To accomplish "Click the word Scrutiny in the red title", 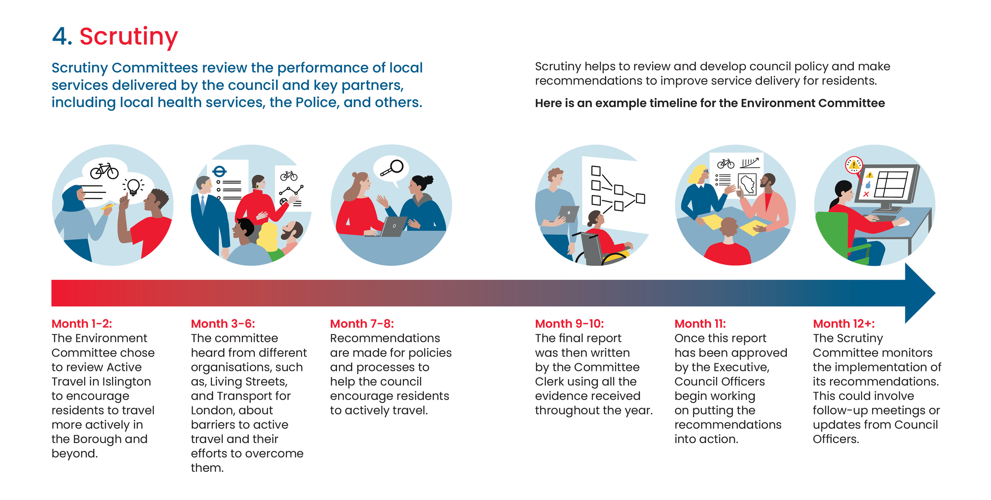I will coord(128,36).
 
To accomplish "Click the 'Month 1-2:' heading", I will coord(82,324).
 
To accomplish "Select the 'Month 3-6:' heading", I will coord(223,324).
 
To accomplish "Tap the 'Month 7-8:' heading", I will coord(362,324).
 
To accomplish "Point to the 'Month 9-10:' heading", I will coord(569,324).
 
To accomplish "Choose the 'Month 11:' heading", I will coord(700,324).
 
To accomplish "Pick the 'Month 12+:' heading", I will coord(844,324).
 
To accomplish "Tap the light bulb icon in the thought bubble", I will coord(133,186).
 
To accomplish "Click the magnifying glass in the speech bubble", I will coord(392,168).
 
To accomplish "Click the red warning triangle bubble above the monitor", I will coord(854,165).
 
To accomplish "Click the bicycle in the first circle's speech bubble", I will coord(104,171).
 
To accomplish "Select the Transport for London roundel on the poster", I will coord(219,172).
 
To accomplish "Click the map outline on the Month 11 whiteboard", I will coord(748,184).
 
